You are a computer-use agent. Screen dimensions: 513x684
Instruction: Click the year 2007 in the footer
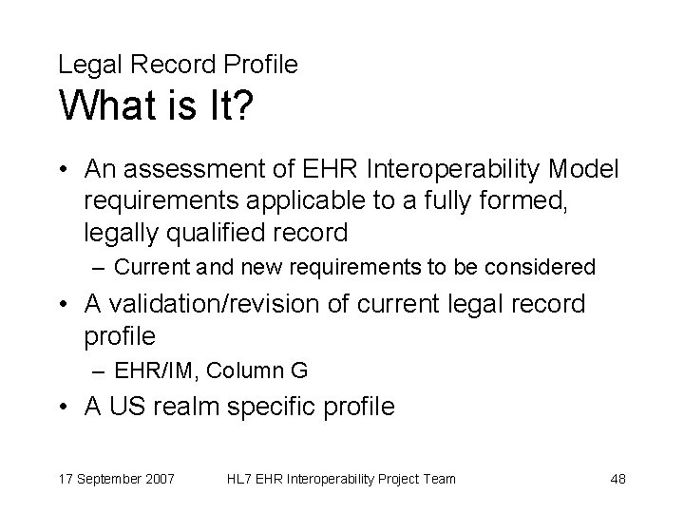(x=157, y=478)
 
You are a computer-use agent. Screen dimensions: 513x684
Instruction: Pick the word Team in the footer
(x=439, y=478)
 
